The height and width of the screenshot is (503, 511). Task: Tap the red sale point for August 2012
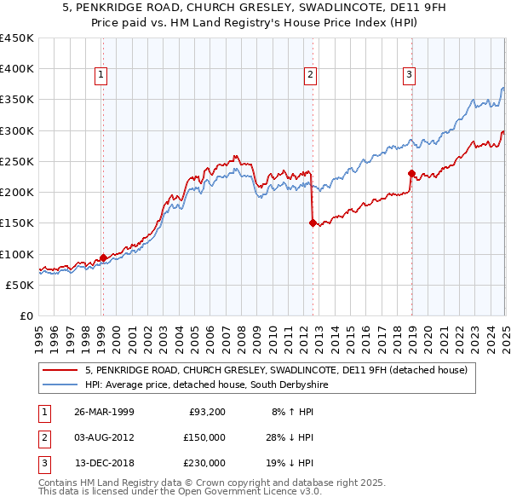(x=313, y=223)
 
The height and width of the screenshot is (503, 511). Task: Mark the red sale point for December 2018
(x=411, y=174)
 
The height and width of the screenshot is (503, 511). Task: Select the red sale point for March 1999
(x=103, y=257)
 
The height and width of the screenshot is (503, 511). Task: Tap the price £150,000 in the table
(x=205, y=437)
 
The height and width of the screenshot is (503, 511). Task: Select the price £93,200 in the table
(x=205, y=412)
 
